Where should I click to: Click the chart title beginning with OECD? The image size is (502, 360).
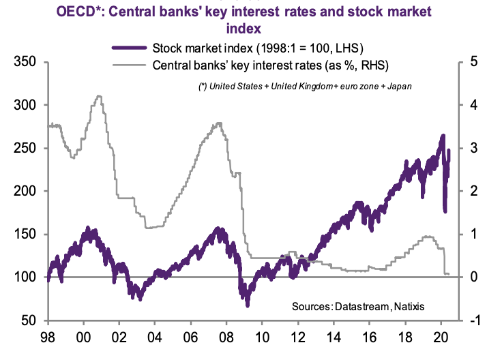point(250,20)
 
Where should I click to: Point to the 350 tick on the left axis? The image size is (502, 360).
point(26,62)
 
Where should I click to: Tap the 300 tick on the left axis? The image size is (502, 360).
point(26,105)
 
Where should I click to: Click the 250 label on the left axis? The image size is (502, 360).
point(26,148)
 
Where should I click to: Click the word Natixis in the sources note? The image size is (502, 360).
point(409,306)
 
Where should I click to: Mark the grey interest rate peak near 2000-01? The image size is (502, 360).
point(100,96)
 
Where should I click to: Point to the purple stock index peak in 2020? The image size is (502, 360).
point(443,136)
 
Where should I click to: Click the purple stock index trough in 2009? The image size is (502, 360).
point(247,304)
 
